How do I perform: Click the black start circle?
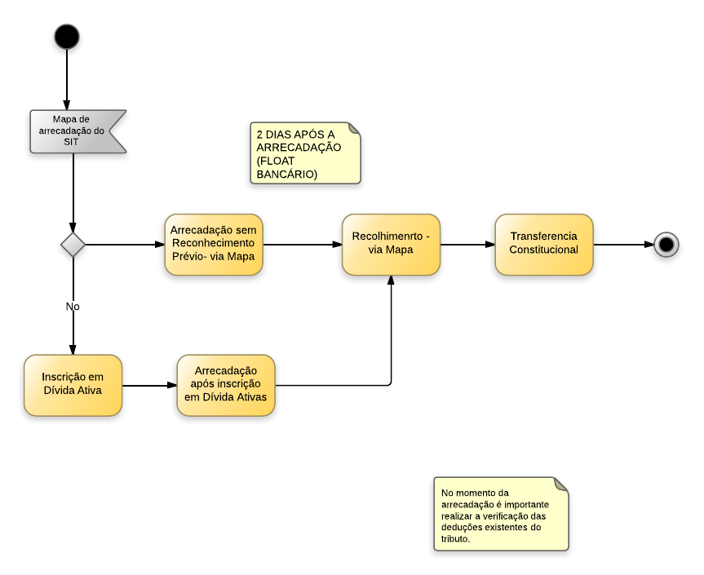67,37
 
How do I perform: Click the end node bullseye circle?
666,244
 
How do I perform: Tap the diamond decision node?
73,244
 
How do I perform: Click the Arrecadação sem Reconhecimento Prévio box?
214,244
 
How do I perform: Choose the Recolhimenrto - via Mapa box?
391,244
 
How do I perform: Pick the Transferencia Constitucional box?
543,244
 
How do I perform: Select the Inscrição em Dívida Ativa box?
73,384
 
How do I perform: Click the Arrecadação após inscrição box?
226,384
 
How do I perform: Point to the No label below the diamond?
73,307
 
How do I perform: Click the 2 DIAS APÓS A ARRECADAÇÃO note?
304,153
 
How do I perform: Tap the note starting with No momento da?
500,515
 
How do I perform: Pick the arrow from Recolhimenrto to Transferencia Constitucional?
467,244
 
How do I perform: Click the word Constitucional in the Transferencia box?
544,250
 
